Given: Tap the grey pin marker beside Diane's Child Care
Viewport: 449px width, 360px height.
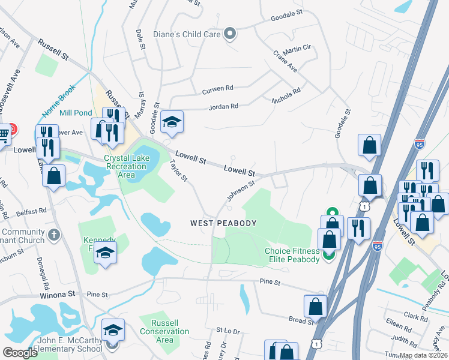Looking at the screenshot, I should pos(229,34).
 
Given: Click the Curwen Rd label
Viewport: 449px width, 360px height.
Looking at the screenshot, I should pos(217,88).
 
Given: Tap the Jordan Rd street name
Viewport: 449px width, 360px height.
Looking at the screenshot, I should pos(223,106).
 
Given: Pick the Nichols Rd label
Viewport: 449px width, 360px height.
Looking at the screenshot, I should pos(286,95).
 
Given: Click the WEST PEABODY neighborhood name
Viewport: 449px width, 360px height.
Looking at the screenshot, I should pos(223,223).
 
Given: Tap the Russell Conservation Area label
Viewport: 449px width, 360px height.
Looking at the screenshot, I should pos(164,331).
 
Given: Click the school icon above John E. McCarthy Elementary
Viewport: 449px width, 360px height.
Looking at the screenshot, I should pos(113,331).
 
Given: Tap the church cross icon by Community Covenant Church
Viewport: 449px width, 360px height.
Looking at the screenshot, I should pos(54,233).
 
